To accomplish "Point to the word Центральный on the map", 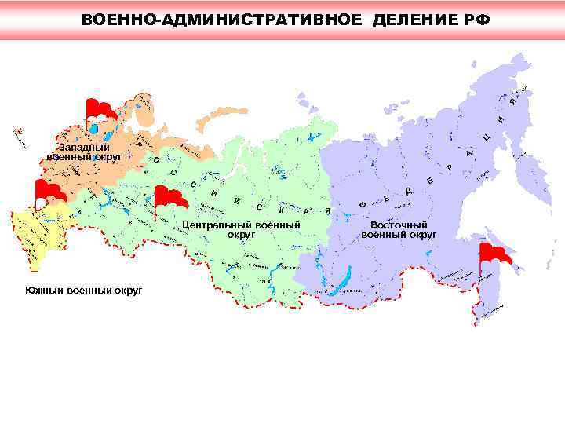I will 211,225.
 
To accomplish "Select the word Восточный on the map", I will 399,225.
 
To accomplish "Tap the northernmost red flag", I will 100,110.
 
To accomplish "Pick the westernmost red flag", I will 49,190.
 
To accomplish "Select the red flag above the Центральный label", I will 169,197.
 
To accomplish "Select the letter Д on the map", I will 409,192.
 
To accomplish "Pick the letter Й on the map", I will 236,202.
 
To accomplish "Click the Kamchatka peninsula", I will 522,173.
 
